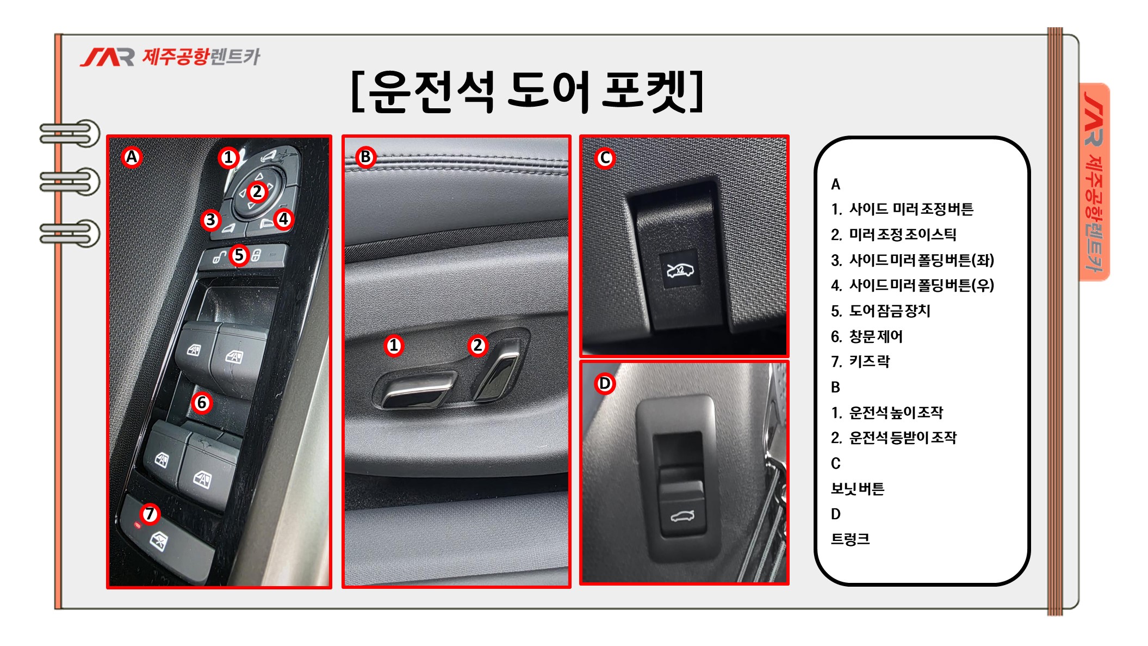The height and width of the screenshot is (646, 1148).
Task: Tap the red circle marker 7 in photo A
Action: coord(150,513)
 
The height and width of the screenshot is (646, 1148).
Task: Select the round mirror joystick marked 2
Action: coord(257,192)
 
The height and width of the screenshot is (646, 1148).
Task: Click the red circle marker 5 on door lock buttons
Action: coord(239,255)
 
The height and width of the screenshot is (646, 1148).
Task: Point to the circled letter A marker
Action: coord(132,157)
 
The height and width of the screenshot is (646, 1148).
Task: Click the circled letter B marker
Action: coord(365,157)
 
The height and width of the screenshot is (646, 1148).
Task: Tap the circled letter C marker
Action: coord(605,158)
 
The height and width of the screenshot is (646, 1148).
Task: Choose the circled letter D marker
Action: coord(604,383)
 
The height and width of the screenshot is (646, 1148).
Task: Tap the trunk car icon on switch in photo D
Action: coord(682,516)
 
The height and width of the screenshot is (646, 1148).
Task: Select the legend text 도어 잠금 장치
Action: coord(890,311)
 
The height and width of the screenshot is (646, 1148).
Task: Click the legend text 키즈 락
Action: coord(870,361)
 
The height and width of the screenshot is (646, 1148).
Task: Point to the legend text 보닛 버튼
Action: coord(858,489)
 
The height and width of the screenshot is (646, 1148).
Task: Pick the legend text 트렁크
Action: coord(851,539)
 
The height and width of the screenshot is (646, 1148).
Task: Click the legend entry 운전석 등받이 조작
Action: coord(903,438)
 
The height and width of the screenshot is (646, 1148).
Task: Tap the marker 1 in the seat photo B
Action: coord(394,346)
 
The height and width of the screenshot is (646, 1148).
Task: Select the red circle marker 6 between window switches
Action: coord(202,403)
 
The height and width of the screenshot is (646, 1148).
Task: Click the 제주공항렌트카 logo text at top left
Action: coord(201,57)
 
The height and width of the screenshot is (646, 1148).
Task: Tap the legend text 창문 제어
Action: coord(876,336)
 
